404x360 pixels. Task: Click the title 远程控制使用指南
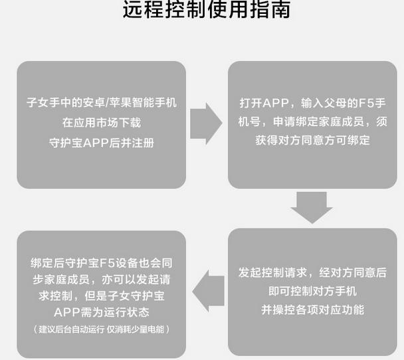(207, 9)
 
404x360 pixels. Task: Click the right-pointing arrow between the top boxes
(206, 124)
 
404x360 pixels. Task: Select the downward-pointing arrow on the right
(312, 207)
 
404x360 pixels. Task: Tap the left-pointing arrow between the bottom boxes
(208, 291)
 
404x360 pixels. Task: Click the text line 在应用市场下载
(102, 123)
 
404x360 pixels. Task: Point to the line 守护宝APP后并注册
(102, 143)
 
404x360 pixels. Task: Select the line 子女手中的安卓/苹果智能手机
(102, 102)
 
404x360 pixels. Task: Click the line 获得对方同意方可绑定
(312, 140)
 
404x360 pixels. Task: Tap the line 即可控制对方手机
(312, 291)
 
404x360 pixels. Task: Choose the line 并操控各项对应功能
(312, 310)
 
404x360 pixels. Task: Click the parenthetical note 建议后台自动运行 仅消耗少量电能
(102, 329)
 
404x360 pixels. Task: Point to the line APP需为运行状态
(102, 312)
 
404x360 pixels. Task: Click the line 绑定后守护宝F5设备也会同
(102, 263)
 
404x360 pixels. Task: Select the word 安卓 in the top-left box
(93, 102)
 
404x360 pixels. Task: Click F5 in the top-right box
(366, 103)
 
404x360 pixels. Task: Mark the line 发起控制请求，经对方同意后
(312, 272)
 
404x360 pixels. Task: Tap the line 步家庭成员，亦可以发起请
(102, 280)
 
